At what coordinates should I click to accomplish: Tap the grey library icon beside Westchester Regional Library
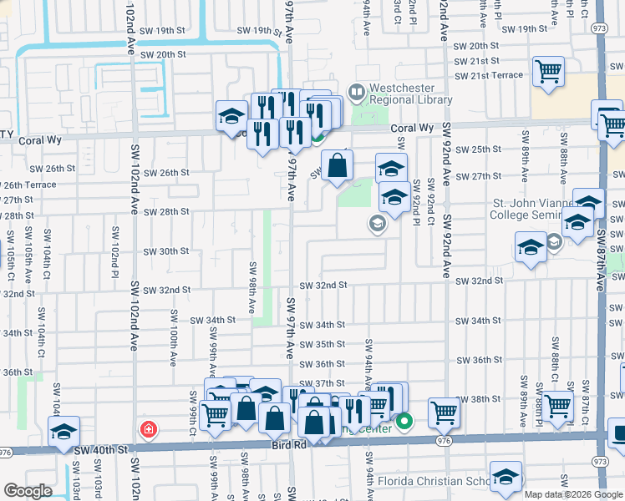click(357, 90)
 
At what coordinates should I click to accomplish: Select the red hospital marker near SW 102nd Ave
click(148, 429)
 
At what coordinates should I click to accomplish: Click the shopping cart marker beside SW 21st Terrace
click(549, 70)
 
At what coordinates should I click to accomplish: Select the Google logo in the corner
click(28, 491)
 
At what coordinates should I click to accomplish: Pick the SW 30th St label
click(166, 251)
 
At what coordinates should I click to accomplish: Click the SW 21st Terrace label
click(489, 75)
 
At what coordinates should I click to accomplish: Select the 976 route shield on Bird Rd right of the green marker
click(443, 440)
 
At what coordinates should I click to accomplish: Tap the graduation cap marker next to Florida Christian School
click(506, 476)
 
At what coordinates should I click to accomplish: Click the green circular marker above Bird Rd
click(404, 421)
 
